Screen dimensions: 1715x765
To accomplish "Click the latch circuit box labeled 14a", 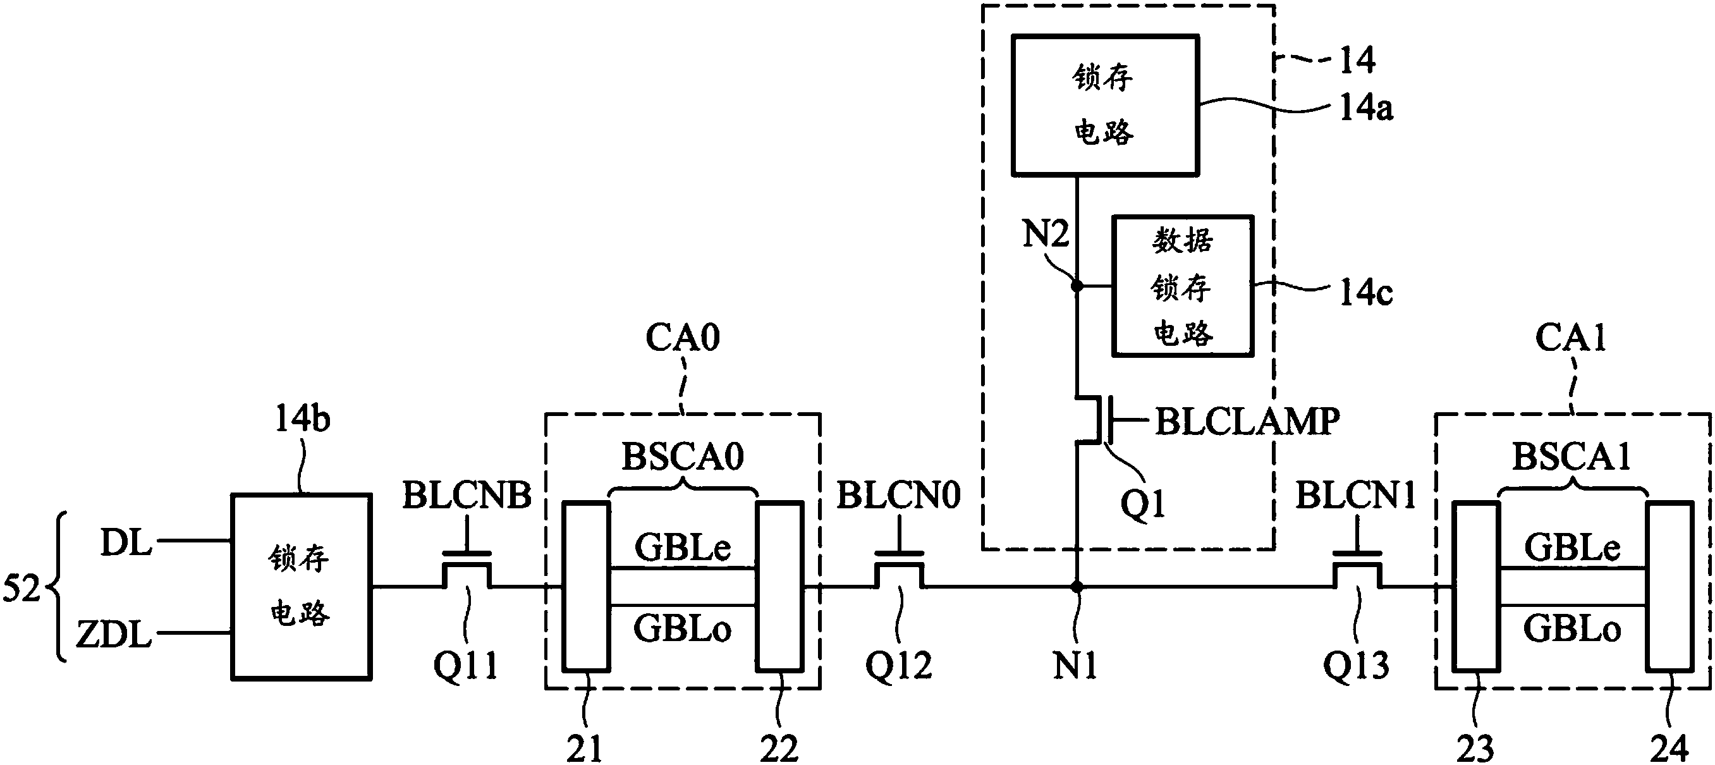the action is tap(1105, 105).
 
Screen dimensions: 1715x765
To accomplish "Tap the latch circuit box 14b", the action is tap(301, 587).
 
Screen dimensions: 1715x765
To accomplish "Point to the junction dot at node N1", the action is tap(1076, 587).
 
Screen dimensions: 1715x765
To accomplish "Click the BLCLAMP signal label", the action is tap(1247, 422).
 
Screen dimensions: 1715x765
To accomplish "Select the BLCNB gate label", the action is tap(467, 495).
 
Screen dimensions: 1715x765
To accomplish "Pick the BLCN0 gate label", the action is tap(898, 495).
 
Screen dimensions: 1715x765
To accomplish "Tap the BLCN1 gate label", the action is tap(1355, 495).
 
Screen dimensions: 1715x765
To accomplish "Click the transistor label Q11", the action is tap(465, 664).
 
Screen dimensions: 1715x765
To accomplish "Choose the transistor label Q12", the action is tap(898, 664).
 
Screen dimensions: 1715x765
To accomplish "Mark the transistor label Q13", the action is tap(1355, 664).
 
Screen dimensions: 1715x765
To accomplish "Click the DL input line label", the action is tap(126, 543).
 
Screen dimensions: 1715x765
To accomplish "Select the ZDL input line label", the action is tap(114, 635).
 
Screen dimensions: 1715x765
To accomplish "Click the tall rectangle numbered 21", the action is tap(586, 586).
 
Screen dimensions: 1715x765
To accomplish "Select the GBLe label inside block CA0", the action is tap(683, 548).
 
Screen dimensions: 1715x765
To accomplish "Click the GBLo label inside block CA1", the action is tap(1572, 628).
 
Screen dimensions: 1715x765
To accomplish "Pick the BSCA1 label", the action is tap(1572, 456).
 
